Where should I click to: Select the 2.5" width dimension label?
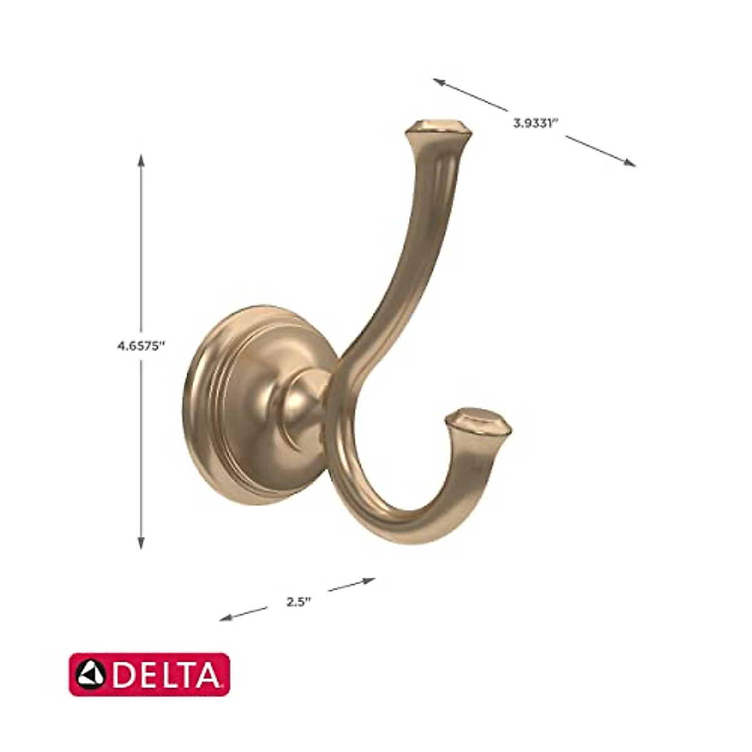coord(299,602)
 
